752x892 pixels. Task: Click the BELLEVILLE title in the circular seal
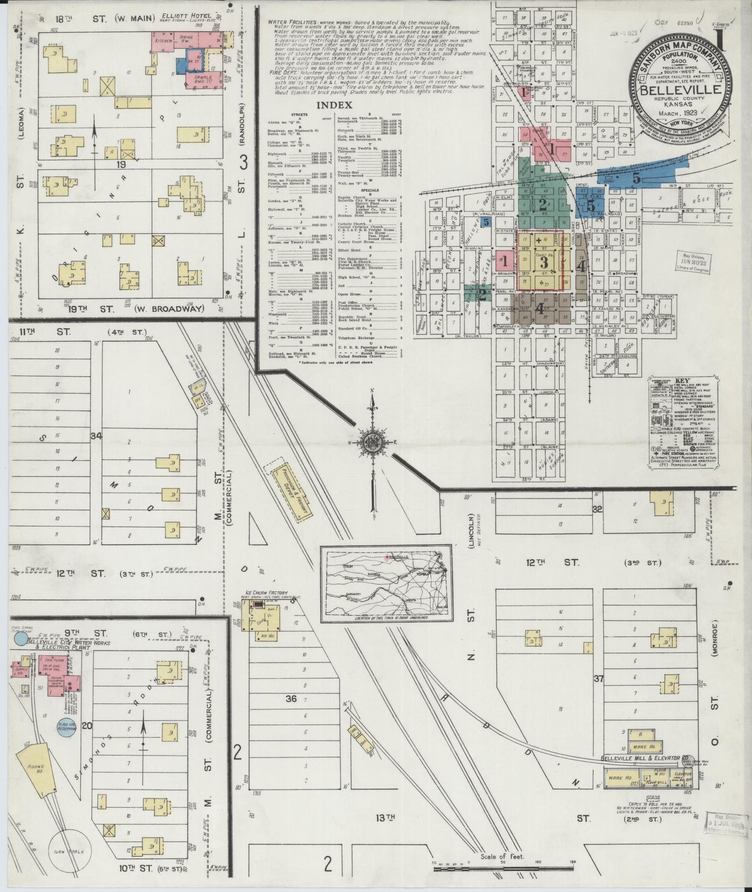[x=680, y=90]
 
